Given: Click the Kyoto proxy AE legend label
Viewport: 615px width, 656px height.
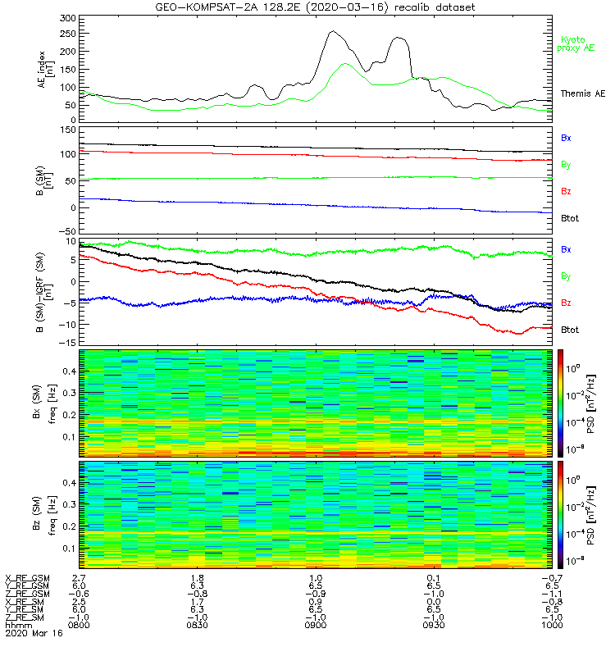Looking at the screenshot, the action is click(x=576, y=44).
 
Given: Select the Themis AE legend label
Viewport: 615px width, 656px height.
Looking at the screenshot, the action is click(x=583, y=93).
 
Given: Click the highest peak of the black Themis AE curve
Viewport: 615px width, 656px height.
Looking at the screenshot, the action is click(x=333, y=31).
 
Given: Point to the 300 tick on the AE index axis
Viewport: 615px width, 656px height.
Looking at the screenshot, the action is click(x=68, y=18).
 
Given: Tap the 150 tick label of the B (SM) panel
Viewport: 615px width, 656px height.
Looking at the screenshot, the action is click(x=68, y=130).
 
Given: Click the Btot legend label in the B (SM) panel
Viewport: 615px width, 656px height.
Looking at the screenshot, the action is click(x=570, y=218).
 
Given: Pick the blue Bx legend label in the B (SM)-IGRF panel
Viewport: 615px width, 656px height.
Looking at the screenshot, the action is click(x=566, y=249).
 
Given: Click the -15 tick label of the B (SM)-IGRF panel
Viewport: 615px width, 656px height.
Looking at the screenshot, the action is click(x=69, y=342).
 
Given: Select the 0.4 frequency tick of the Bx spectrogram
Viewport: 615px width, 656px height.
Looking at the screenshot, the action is click(x=69, y=371).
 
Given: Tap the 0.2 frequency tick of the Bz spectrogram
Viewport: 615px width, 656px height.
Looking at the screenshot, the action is click(x=69, y=526).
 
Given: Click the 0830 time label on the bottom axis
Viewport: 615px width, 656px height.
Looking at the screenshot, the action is click(x=197, y=625).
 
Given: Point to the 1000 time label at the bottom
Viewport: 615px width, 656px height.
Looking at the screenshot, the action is click(x=552, y=625).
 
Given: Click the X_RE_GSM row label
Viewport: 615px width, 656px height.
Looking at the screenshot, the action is click(x=27, y=578).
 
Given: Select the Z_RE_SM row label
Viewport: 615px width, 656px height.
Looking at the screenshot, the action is click(x=25, y=617).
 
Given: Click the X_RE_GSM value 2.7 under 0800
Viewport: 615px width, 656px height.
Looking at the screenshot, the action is click(x=79, y=578).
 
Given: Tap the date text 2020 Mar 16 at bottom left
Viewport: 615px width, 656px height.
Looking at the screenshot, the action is click(x=34, y=633).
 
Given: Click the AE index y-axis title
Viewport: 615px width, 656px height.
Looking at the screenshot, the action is click(x=46, y=70).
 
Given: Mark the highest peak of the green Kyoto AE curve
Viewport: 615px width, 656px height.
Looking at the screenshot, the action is click(x=344, y=64).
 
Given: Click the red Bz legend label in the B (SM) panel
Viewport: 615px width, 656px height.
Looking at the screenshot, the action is click(x=566, y=191).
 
